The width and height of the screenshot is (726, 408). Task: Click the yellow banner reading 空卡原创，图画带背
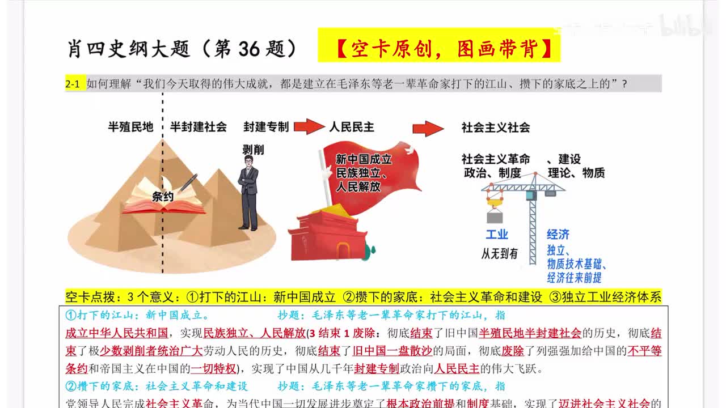439,49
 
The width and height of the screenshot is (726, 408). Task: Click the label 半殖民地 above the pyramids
131,127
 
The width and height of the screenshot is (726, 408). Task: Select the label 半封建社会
199,127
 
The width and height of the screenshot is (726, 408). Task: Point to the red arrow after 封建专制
309,127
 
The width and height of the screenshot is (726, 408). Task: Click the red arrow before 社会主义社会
428,129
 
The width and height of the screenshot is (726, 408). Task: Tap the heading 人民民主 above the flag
352,127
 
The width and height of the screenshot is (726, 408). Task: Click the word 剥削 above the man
253,150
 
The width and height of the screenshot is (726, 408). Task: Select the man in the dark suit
248,193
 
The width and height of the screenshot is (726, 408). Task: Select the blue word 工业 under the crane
497,235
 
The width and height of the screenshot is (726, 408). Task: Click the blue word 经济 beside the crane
558,235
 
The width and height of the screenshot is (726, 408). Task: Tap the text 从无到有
499,254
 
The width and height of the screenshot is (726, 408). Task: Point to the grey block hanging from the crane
495,217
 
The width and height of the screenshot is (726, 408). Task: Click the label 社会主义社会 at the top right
496,127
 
